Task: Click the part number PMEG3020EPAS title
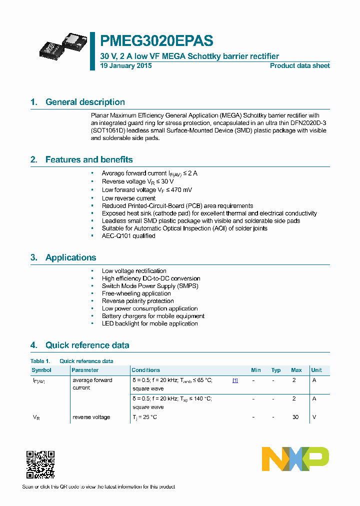tap(156, 40)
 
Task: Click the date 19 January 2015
tap(126, 66)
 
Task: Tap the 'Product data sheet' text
tap(299, 66)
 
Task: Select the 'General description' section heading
tap(85, 102)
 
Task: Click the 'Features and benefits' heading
tap(89, 159)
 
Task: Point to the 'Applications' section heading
tap(70, 257)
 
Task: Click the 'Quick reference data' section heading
tap(87, 345)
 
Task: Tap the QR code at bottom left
tap(40, 464)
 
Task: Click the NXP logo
tap(295, 459)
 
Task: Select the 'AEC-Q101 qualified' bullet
tap(128, 236)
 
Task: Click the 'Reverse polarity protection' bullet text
tap(137, 301)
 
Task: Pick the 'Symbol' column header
tap(41, 370)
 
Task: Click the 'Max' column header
tap(296, 370)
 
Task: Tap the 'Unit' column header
tap(316, 370)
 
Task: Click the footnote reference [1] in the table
tap(235, 380)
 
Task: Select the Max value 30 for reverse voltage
tap(295, 417)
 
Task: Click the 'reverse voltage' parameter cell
tap(91, 417)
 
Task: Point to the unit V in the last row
tap(314, 417)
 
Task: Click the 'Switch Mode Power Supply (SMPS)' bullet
tap(150, 286)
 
